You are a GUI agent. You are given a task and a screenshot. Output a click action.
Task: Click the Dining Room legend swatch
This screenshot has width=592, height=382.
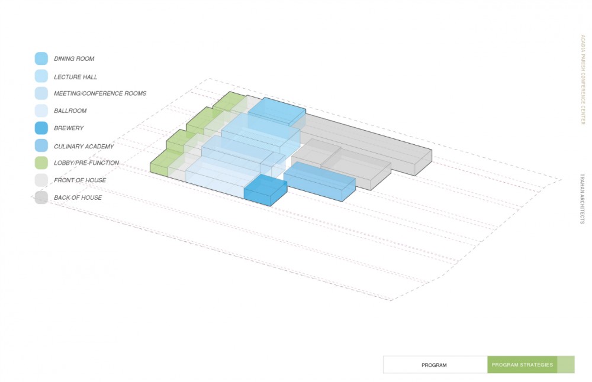click(x=41, y=59)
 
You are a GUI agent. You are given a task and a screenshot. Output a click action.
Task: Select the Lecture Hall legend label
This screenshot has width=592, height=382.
click(x=75, y=77)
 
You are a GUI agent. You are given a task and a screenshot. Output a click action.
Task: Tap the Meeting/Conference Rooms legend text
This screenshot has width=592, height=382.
click(x=99, y=93)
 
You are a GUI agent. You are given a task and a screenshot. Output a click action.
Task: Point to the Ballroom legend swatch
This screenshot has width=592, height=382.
click(x=41, y=111)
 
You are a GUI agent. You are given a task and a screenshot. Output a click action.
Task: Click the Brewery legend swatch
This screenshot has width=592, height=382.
click(x=41, y=128)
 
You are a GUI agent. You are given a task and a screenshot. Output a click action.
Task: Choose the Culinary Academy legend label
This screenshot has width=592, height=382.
click(x=83, y=146)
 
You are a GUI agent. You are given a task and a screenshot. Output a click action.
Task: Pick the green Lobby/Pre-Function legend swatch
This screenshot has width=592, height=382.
click(x=41, y=163)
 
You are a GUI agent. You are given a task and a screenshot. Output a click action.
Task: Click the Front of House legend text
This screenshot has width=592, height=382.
click(x=80, y=180)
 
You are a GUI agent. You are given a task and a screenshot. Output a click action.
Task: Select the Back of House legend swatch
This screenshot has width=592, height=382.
click(x=41, y=198)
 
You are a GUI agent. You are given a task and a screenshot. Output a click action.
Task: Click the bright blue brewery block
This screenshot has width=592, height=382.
click(x=265, y=190)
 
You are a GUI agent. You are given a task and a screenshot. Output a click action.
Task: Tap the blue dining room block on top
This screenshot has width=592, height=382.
click(x=276, y=111)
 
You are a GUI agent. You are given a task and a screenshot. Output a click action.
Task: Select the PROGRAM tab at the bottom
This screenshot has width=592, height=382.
click(x=434, y=365)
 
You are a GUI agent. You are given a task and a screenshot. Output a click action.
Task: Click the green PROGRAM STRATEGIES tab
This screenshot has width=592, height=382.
click(x=522, y=365)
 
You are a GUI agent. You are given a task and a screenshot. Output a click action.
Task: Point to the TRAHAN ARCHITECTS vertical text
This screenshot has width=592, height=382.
click(x=583, y=199)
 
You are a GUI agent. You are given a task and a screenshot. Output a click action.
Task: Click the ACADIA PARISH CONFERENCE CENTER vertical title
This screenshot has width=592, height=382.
click(x=583, y=79)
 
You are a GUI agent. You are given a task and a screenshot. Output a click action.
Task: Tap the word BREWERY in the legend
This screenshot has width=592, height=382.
click(x=69, y=128)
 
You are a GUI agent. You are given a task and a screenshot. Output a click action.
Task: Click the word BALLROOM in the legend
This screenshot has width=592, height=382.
click(x=70, y=111)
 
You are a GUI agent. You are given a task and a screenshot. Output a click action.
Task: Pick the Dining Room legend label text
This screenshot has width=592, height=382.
click(x=74, y=59)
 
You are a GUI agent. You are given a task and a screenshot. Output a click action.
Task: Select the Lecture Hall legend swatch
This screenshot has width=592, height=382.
click(x=41, y=76)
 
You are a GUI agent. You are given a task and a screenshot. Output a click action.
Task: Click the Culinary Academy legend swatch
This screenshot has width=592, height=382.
click(x=41, y=145)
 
